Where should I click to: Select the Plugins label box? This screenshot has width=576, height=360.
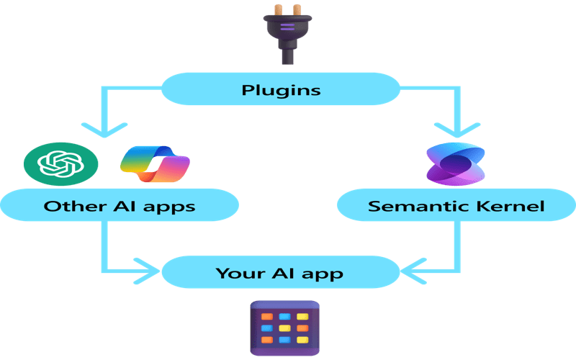(280, 90)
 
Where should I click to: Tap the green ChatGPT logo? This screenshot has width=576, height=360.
(60, 165)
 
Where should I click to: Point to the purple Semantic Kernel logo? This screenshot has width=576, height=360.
(454, 164)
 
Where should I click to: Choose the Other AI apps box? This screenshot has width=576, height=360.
(120, 206)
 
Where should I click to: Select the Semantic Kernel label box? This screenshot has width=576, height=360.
(456, 206)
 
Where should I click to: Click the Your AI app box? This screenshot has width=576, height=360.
(280, 273)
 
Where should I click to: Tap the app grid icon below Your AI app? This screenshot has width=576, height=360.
(284, 328)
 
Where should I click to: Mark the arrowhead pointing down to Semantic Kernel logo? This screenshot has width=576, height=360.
(455, 130)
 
